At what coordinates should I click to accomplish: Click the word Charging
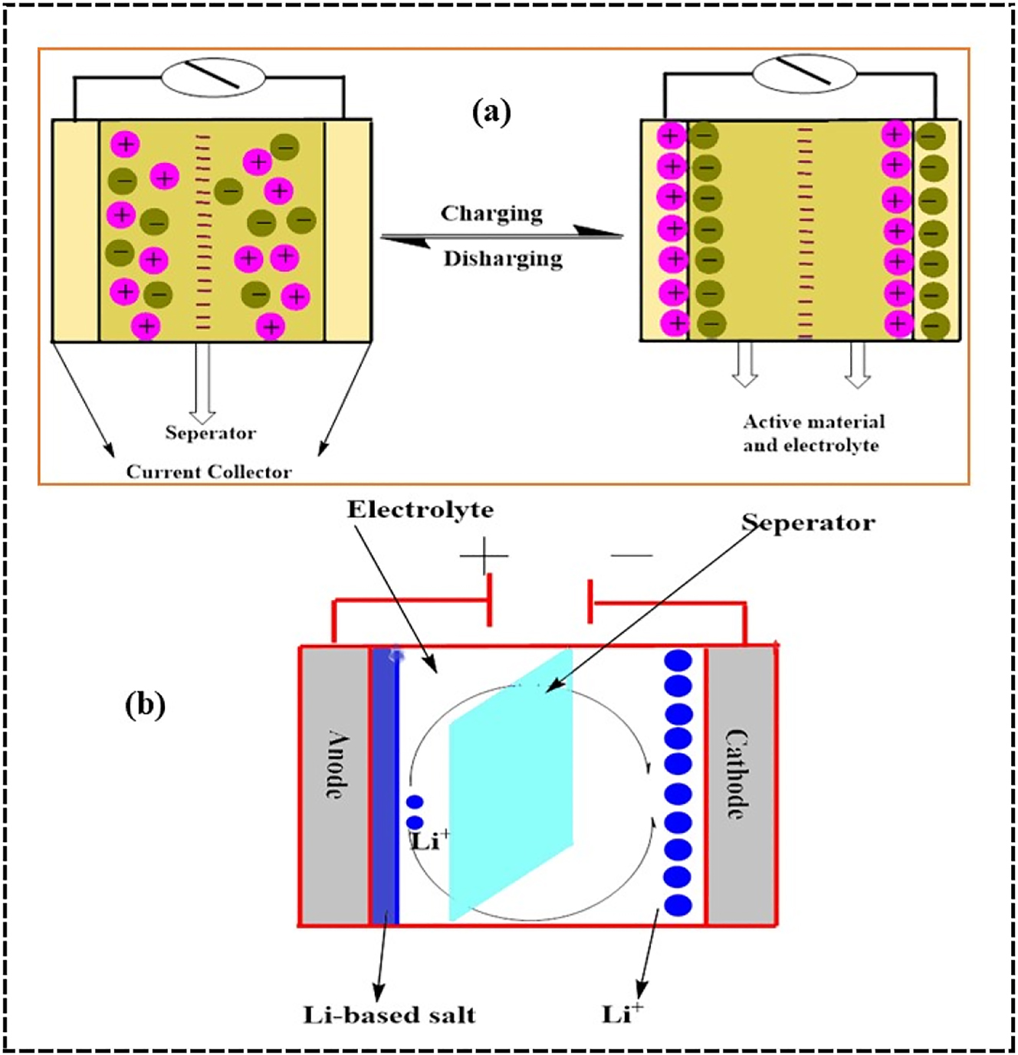(491, 213)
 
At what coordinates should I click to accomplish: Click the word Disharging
(503, 259)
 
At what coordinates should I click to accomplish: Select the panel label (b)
(145, 705)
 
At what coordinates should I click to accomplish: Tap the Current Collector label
(209, 472)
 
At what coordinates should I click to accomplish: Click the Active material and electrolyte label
(813, 434)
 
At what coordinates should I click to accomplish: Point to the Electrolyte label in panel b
(420, 510)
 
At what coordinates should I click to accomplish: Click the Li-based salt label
(389, 1015)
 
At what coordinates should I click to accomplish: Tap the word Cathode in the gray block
(737, 774)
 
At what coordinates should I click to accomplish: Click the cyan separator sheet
(511, 781)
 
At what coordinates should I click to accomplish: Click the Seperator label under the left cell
(210, 433)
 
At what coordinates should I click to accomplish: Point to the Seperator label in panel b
(808, 523)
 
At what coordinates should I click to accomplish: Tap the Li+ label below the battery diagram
(622, 1014)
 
